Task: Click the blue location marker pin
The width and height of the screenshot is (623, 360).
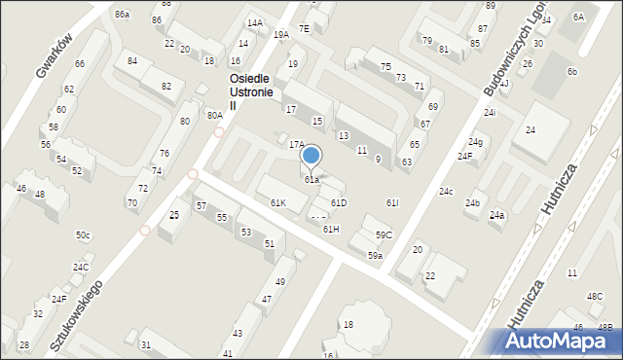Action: tap(311, 157)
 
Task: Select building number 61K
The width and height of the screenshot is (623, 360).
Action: tap(277, 202)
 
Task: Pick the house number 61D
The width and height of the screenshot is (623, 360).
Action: tap(338, 202)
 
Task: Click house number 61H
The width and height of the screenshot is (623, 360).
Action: tap(331, 229)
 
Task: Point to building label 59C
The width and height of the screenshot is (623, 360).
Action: tap(384, 234)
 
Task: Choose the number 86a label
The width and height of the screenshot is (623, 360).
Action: tap(122, 15)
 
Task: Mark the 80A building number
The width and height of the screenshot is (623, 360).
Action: tap(214, 115)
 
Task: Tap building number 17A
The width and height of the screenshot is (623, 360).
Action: tap(296, 144)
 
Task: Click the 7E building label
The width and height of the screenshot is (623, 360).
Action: tap(304, 29)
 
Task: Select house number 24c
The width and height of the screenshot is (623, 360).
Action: tap(445, 192)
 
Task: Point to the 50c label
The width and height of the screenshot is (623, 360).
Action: tap(83, 235)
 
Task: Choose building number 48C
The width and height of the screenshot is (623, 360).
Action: tap(594, 296)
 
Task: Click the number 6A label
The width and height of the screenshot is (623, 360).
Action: tap(578, 17)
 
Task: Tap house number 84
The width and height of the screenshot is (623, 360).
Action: tap(132, 60)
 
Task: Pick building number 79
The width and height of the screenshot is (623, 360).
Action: tap(426, 40)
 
